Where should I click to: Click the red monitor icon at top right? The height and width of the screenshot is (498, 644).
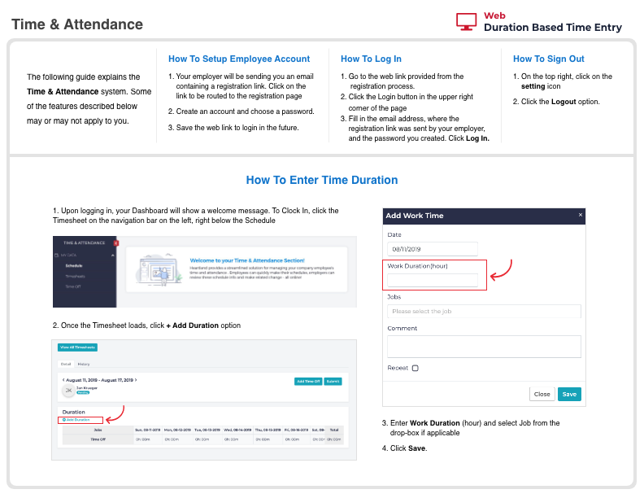coord(467,22)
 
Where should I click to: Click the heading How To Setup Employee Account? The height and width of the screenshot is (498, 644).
coord(239,59)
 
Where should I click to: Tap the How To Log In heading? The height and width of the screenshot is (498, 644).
coord(371,59)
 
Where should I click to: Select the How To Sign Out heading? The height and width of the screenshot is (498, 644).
coord(549,59)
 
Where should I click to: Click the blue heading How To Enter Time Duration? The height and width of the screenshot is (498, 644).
coord(322,180)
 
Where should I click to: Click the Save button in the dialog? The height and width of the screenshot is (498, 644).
coord(569,394)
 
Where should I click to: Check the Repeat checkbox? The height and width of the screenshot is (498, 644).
coord(416,369)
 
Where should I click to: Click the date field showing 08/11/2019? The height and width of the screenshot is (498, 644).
coord(433,249)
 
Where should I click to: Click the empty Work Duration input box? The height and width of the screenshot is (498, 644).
coord(433,280)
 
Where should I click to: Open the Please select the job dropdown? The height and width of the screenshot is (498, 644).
coord(484,311)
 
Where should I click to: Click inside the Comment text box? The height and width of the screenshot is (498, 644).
coord(484,347)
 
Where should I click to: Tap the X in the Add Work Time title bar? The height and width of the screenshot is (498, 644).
coord(581,215)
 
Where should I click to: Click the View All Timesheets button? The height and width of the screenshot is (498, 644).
coord(73,347)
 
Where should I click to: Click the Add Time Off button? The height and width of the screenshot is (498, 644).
coord(307,381)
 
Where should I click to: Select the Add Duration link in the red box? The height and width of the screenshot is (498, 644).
coord(76,420)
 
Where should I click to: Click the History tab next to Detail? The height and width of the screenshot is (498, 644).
coord(84,364)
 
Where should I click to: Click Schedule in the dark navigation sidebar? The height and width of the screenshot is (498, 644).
coord(74,266)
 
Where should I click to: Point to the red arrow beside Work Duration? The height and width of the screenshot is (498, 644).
coord(503,271)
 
